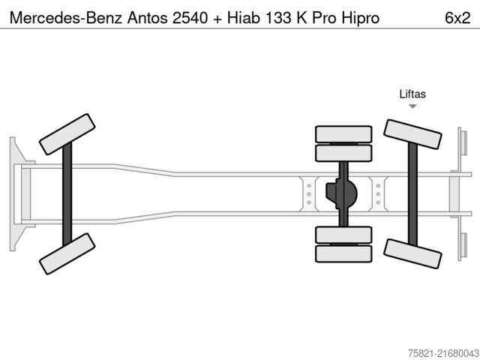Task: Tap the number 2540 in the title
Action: click(190, 16)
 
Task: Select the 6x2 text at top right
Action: click(457, 16)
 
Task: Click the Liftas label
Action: click(412, 94)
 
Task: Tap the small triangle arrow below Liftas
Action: click(412, 106)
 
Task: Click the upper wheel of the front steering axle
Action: click(66, 134)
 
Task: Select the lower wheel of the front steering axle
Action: click(66, 253)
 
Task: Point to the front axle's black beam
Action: click(67, 193)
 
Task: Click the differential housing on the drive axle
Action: click(342, 193)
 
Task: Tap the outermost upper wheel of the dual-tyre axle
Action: click(343, 134)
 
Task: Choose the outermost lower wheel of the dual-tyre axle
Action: click(343, 253)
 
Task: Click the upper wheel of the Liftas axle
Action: click(412, 134)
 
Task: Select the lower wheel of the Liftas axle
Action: click(412, 253)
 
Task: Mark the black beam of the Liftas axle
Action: click(412, 193)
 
